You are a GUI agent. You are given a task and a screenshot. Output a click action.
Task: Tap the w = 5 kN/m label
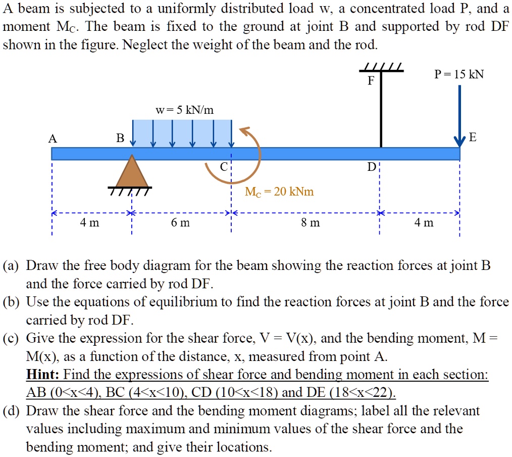185,109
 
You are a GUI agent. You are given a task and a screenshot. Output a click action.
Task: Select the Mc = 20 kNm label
279,192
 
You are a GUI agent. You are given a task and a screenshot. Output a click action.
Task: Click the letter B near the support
120,139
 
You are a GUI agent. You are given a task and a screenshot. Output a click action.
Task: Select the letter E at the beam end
472,138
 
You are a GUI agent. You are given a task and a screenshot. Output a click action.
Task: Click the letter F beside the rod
371,81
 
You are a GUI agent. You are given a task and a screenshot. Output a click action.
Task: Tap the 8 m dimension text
310,222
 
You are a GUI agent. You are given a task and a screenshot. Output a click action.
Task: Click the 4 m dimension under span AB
89,222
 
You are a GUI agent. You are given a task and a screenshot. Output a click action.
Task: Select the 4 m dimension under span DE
424,222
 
